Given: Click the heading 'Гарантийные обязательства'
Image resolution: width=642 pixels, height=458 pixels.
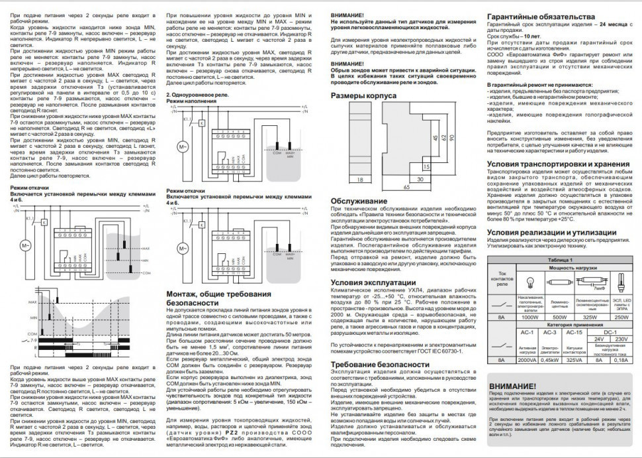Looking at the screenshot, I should point(535,17).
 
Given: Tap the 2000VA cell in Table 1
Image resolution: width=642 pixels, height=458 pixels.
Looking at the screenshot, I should point(530,359).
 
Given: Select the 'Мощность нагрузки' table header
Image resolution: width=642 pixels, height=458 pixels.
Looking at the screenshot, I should point(574,268).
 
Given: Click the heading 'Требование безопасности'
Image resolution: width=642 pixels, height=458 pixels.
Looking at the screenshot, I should point(375,364).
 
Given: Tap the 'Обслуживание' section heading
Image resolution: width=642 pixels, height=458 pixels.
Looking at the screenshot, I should point(359,201).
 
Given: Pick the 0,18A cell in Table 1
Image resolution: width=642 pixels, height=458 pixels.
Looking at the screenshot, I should point(621,359).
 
